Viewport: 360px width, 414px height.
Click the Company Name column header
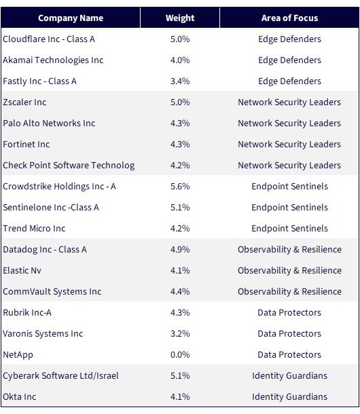71,18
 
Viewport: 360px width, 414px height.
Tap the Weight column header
180,18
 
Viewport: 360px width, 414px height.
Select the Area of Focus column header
289,18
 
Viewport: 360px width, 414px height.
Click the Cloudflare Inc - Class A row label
49,39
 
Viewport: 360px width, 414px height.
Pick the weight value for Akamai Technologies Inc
180,60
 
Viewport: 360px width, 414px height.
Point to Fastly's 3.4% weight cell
180,81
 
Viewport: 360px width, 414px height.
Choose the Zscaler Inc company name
24,102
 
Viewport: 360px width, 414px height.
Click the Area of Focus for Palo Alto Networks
289,124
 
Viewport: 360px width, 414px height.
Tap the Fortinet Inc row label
26,145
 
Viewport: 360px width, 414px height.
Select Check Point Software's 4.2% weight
180,166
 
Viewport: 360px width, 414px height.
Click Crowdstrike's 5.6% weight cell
180,187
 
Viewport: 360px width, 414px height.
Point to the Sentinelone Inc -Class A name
51,208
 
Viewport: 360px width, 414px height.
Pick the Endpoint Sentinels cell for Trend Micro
289,229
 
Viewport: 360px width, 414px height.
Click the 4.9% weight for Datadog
180,250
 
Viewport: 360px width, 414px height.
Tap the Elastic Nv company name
22,271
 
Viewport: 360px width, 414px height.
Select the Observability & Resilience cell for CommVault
289,291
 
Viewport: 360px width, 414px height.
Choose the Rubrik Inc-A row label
27,313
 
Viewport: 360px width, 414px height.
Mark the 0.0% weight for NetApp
180,354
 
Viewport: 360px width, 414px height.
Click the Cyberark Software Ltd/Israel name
61,376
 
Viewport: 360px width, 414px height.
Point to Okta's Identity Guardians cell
289,397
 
